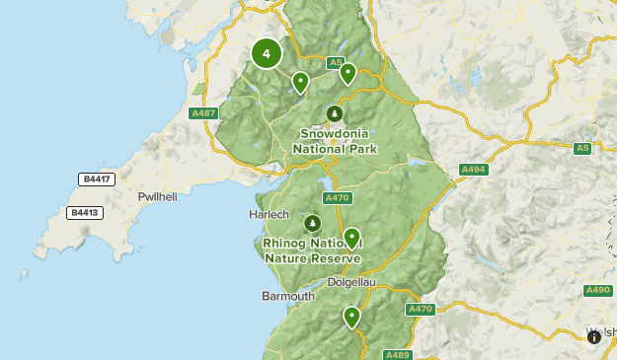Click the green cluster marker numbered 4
click(x=267, y=53)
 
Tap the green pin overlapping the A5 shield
click(x=347, y=73)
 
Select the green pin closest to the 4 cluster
click(x=300, y=82)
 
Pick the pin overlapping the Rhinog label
click(x=350, y=238)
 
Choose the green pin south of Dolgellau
click(x=351, y=317)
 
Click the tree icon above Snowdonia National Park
click(x=334, y=113)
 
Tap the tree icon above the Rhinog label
click(x=313, y=223)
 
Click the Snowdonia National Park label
click(x=336, y=141)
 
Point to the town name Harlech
click(x=269, y=214)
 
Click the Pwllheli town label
click(x=157, y=197)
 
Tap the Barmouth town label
click(x=288, y=296)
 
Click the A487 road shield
click(x=204, y=113)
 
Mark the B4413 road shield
click(x=85, y=212)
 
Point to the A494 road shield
click(x=474, y=170)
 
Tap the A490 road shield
click(x=598, y=290)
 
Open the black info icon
click(x=594, y=337)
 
